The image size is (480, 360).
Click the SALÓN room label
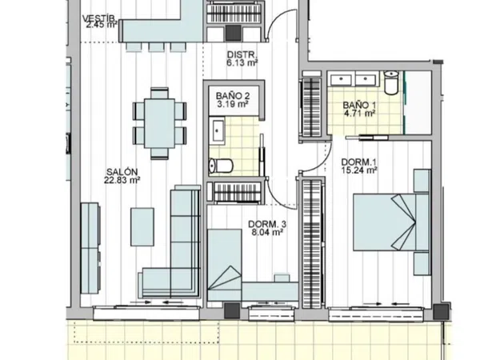click(x=122, y=172)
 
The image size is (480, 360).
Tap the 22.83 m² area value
click(x=122, y=180)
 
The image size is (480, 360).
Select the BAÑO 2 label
click(x=233, y=96)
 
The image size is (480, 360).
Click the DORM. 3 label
click(x=267, y=224)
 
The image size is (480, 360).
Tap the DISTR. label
click(x=242, y=54)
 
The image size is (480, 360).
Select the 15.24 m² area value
click(x=359, y=170)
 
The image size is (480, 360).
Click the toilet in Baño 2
click(x=221, y=166)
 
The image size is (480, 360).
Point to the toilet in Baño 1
click(x=391, y=82)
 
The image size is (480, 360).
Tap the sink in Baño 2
click(x=218, y=131)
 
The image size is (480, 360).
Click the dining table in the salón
click(x=159, y=123)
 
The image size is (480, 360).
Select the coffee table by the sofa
click(x=142, y=227)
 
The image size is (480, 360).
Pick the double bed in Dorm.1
click(x=391, y=222)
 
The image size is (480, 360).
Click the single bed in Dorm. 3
click(x=224, y=265)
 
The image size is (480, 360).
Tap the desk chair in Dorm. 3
click(x=282, y=278)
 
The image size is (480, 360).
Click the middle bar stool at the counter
click(x=156, y=47)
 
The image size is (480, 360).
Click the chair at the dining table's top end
click(x=159, y=93)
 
